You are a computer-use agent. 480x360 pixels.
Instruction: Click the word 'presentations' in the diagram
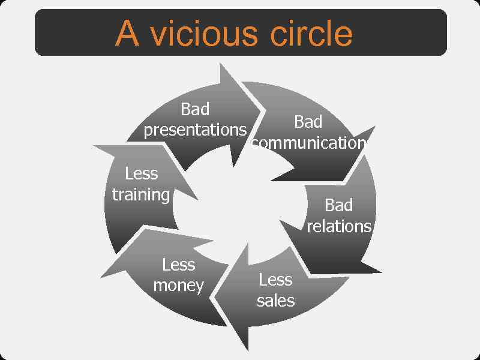196,130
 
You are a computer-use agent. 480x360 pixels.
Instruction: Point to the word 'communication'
309,143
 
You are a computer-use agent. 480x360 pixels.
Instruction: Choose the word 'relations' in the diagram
339,226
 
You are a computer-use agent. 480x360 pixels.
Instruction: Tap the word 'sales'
275,300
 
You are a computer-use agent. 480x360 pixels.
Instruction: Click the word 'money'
178,285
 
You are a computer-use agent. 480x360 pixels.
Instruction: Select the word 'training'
141,194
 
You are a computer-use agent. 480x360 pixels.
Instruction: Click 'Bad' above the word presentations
195,109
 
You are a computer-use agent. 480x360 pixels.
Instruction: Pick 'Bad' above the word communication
308,122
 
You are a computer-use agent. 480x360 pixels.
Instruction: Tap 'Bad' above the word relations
338,205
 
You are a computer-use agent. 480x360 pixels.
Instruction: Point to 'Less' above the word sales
275,280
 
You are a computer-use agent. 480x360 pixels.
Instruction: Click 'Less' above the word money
179,265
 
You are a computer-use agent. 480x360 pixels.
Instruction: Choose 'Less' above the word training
142,174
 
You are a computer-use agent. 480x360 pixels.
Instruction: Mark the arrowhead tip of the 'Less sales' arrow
215,295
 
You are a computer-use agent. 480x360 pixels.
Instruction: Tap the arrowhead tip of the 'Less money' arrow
101,277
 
